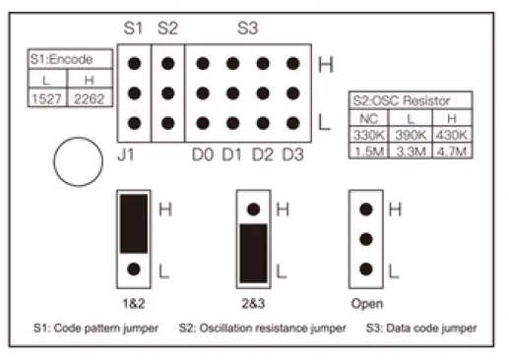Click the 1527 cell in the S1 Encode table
43,96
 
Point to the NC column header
371,117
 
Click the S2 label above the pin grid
168,30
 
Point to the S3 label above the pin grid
247,30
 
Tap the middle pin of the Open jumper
366,239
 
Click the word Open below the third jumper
366,303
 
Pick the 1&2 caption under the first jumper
133,303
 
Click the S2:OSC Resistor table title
410,100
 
